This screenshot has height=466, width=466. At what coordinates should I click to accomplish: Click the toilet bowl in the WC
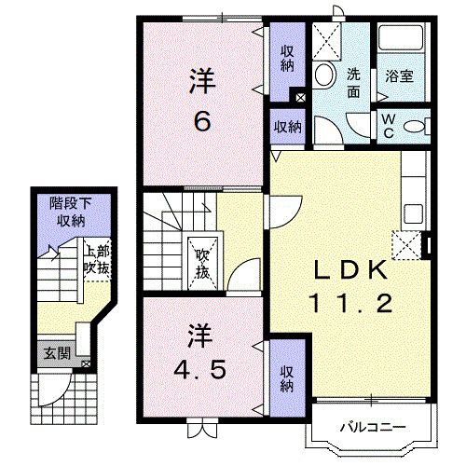416,125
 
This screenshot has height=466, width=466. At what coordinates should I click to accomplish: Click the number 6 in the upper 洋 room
201,120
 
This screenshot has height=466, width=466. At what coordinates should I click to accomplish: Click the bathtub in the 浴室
402,41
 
